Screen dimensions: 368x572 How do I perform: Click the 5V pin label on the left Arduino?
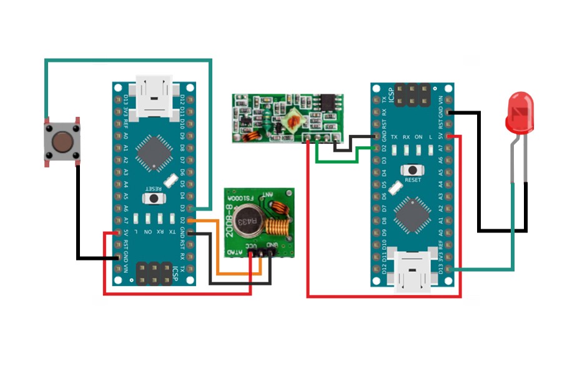click(x=126, y=232)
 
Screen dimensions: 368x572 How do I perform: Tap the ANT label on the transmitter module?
click(x=267, y=194)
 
